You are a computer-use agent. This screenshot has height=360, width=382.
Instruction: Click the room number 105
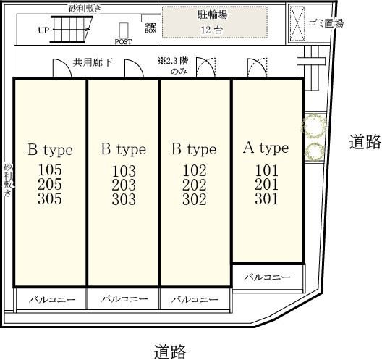(50, 170)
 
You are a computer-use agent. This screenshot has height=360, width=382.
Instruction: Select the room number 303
(123, 200)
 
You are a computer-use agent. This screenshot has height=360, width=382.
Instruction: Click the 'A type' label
(265, 148)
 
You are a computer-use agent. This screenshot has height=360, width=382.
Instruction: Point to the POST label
(123, 42)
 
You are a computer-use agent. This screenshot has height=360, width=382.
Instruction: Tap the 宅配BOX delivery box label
(150, 28)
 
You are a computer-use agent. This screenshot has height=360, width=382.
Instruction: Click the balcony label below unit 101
(266, 277)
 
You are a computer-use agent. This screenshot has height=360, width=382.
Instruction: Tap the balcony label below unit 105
(50, 299)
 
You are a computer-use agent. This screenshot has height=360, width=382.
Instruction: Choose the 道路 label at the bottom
(170, 352)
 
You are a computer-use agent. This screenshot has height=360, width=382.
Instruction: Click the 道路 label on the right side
(364, 142)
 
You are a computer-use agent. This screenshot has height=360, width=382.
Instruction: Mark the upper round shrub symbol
(314, 126)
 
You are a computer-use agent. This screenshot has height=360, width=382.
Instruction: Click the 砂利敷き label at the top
(85, 7)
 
